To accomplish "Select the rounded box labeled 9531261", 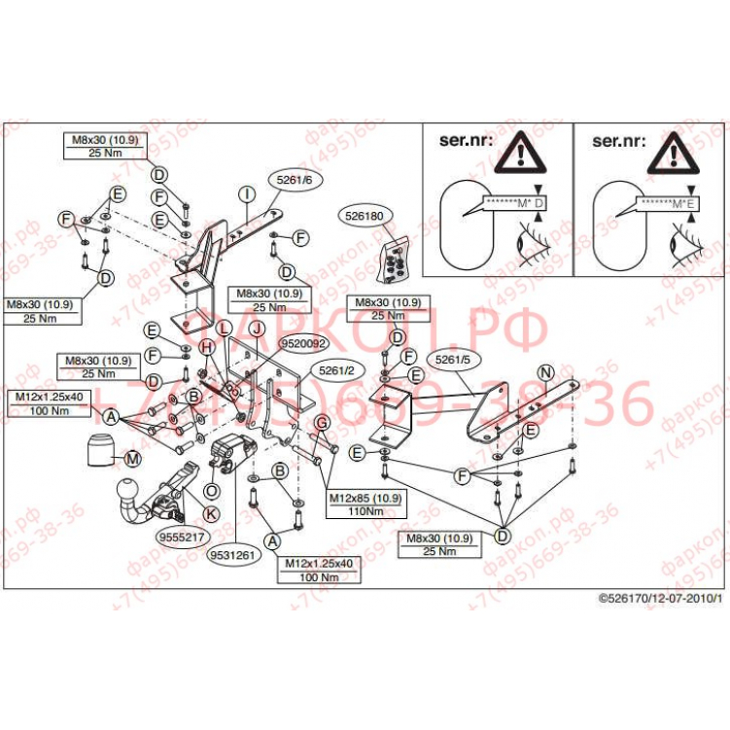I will (x=230, y=555).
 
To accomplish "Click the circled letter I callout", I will (x=247, y=192).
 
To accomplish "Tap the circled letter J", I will (x=256, y=329).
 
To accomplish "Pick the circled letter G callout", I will (x=320, y=421).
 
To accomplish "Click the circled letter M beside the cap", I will (x=132, y=458).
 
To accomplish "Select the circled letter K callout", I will (x=211, y=512).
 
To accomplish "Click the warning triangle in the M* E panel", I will (x=678, y=153).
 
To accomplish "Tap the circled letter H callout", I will (x=206, y=347).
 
